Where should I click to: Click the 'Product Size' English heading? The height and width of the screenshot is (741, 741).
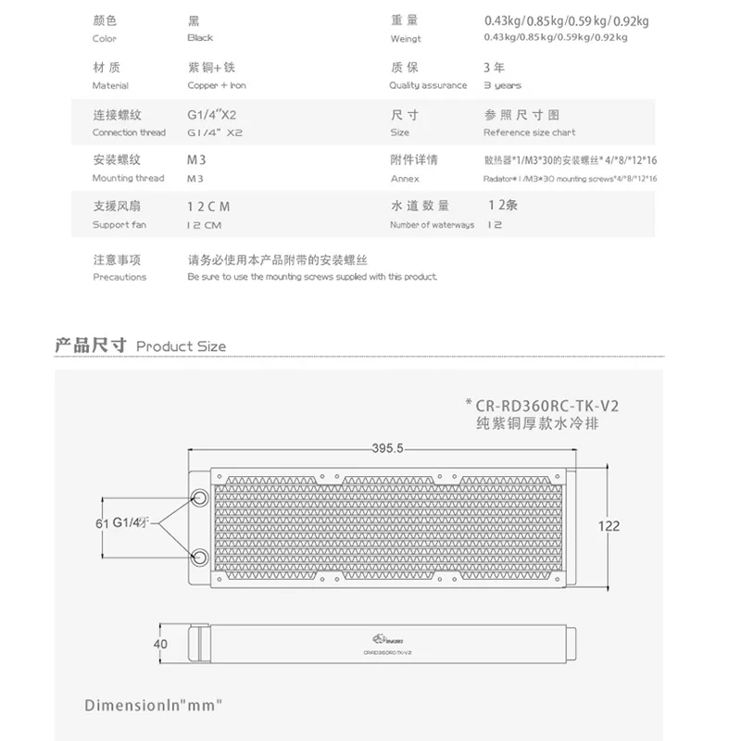[181, 346]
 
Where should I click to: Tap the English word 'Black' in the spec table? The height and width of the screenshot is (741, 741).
[200, 38]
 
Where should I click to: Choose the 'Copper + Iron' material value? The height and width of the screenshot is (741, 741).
[216, 85]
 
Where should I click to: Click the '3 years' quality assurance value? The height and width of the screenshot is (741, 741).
[502, 85]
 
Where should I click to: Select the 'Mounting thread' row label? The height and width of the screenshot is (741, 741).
[128, 178]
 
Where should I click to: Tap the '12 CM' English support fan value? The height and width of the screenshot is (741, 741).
[203, 225]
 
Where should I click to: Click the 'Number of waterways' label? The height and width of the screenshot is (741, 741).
[432, 225]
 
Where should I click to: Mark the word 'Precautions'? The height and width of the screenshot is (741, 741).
[119, 277]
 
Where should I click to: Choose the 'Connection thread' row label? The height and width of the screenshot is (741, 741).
[129, 132]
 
